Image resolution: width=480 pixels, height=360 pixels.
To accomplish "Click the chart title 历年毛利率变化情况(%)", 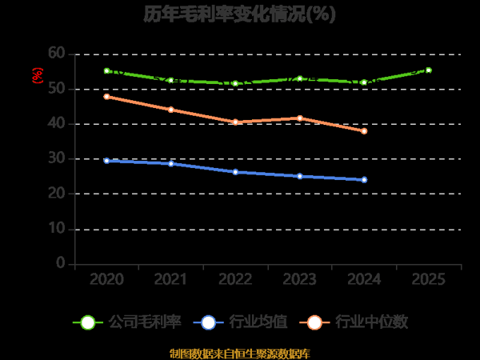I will (x=240, y=14).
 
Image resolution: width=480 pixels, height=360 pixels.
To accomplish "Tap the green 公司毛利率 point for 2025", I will (x=429, y=70).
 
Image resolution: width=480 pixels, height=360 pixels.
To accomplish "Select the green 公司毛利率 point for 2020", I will (x=106, y=70).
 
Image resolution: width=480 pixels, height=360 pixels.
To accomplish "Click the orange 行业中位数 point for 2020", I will (x=106, y=97).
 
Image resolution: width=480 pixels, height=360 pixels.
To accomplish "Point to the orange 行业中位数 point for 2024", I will (x=364, y=131).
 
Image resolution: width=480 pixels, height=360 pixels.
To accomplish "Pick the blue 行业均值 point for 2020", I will (x=106, y=161).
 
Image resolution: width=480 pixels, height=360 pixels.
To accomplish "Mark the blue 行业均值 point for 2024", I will (x=364, y=180).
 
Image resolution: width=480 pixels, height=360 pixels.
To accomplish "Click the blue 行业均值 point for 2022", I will (x=235, y=172).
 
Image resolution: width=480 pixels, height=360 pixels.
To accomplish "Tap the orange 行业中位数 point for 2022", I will (x=235, y=122).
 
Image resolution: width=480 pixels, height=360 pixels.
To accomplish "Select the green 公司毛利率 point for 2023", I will (x=300, y=78).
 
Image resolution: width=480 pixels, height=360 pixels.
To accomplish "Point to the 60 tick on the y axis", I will (x=56, y=54).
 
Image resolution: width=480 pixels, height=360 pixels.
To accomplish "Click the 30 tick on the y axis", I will (x=56, y=159).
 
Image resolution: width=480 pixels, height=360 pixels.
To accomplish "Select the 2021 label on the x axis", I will (x=171, y=280).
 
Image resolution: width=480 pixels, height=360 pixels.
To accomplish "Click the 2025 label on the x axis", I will (x=429, y=280).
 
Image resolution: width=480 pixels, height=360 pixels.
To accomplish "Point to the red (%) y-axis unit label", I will (x=37, y=76).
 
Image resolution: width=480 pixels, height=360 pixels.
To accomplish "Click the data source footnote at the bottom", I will (x=240, y=353).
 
